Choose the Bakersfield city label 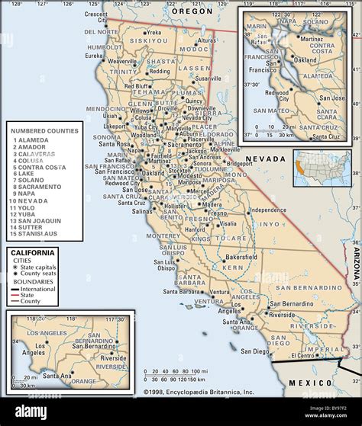click(241, 257)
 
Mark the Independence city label click(268, 210)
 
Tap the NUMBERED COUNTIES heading click(44, 131)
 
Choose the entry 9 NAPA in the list click(27, 193)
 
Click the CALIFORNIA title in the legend click(32, 252)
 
